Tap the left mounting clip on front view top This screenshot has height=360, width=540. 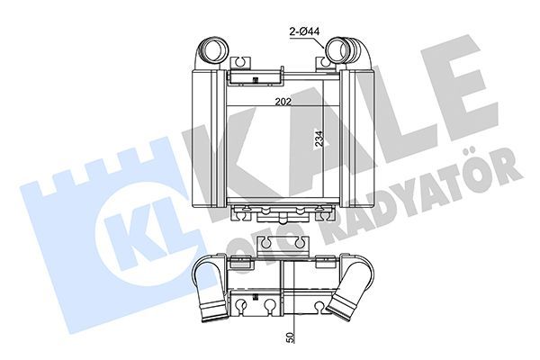click(x=241, y=66)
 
